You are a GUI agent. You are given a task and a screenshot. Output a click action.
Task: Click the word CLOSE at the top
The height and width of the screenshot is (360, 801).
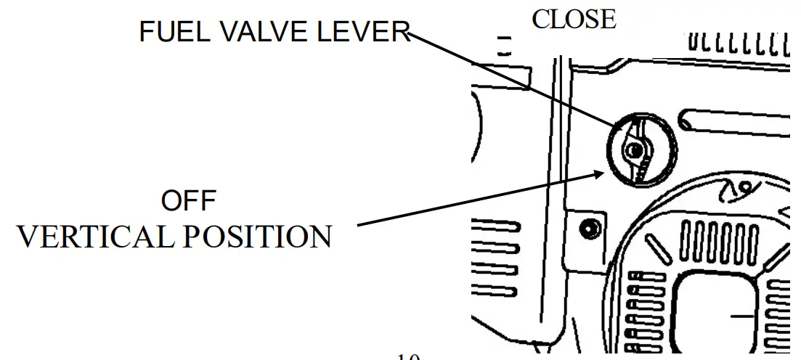pos(573,19)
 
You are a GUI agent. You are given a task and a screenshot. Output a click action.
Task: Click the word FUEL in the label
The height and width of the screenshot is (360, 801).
pos(168,33)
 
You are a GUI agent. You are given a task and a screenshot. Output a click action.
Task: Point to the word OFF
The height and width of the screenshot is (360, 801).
pos(189,202)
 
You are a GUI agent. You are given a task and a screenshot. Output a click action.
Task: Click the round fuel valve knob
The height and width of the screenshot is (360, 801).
pos(642,151)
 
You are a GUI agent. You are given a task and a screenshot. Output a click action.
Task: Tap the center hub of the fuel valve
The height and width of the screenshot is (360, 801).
pos(635,150)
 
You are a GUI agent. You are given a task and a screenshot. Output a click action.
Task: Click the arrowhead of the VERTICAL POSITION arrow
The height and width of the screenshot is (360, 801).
pos(601,173)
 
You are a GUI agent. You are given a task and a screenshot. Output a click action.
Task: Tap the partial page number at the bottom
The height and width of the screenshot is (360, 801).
pos(409,356)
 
